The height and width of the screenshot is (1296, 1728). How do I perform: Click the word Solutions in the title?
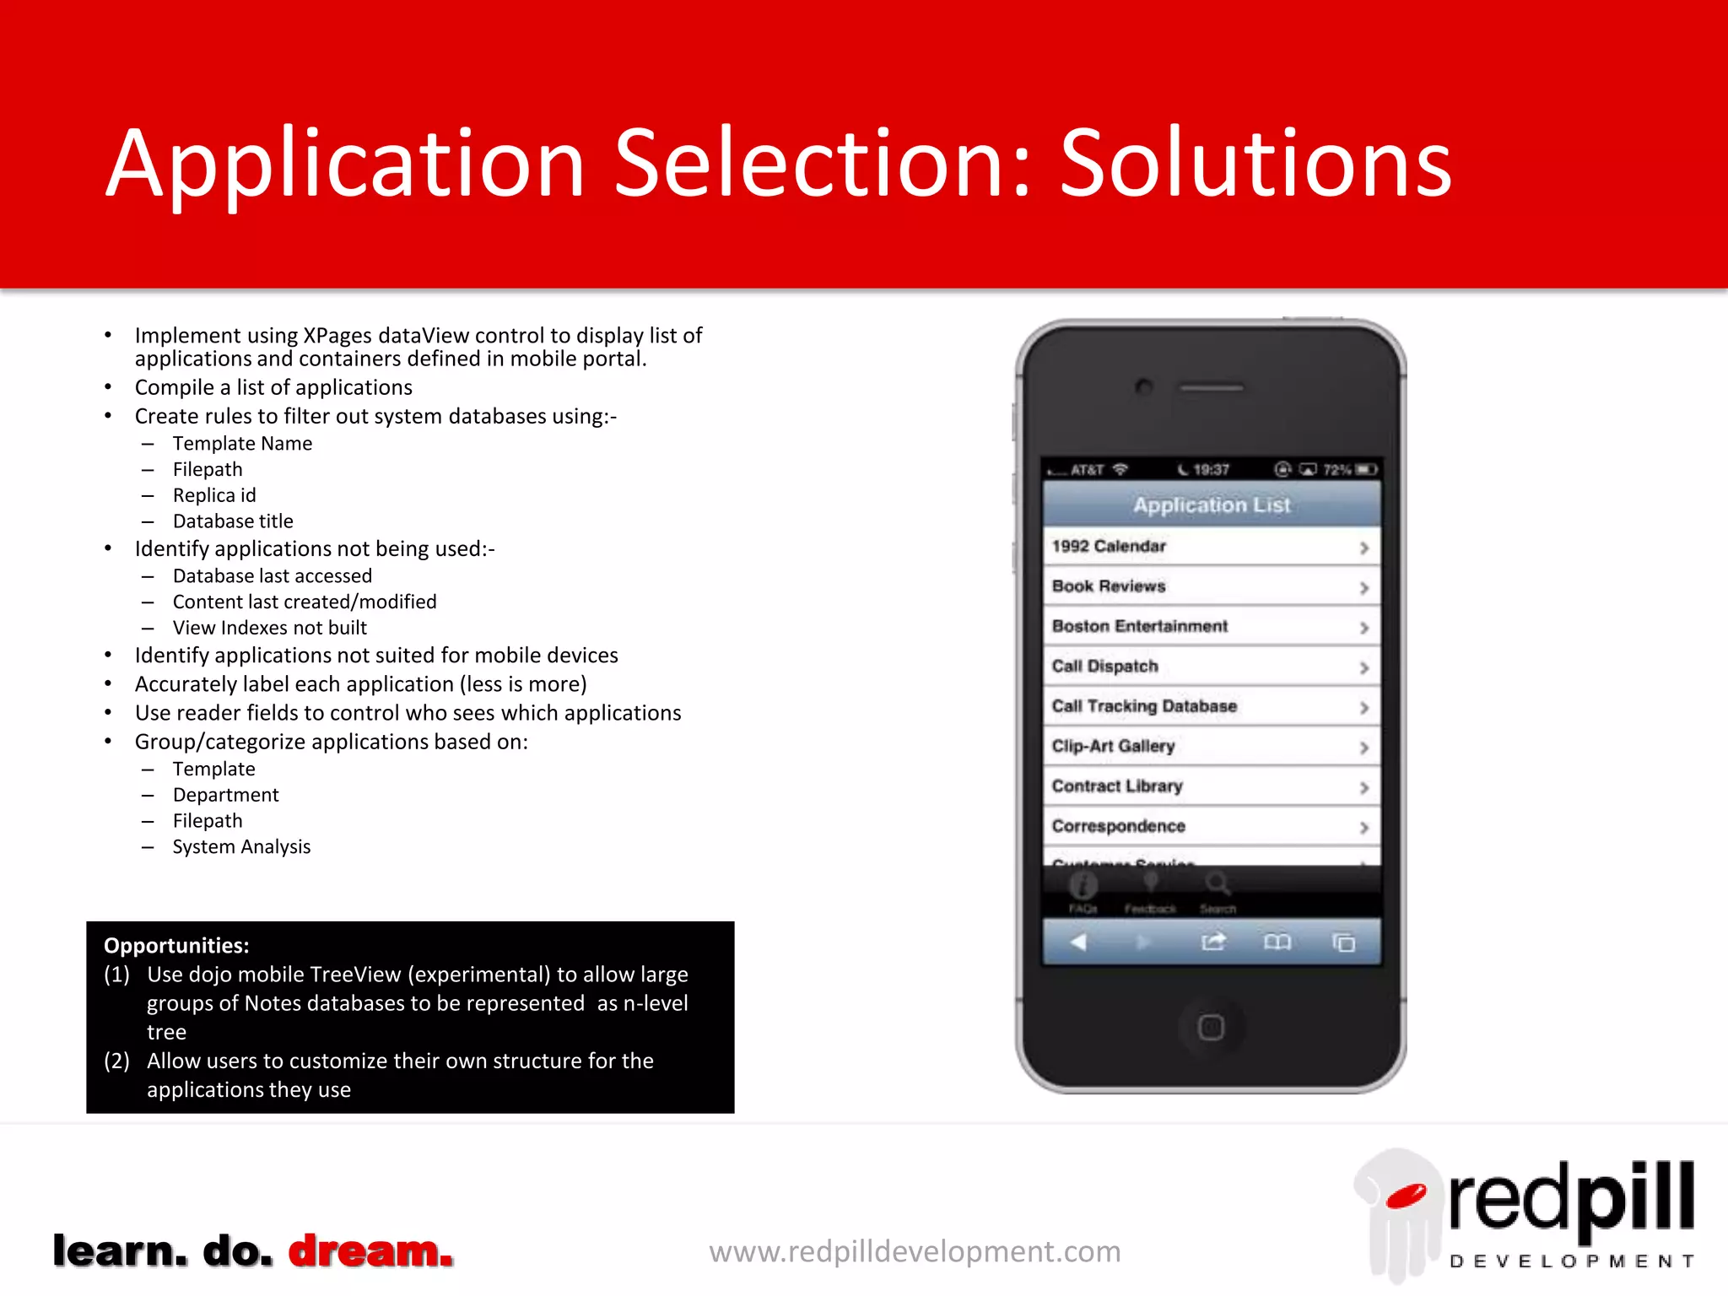click(1255, 165)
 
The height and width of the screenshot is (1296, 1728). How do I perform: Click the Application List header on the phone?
click(1211, 505)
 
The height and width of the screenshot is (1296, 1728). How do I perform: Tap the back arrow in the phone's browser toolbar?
click(1077, 942)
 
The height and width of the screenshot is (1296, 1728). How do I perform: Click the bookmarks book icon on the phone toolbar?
click(1277, 942)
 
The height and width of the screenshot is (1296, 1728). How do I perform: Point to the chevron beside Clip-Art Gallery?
click(1363, 748)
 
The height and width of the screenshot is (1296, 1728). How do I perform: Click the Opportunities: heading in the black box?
click(176, 946)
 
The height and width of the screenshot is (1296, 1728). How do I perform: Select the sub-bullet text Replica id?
click(214, 495)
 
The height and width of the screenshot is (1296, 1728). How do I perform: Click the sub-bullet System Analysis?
click(241, 847)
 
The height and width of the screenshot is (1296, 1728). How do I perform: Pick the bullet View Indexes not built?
click(269, 628)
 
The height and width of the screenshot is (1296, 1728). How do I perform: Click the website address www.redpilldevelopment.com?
click(915, 1251)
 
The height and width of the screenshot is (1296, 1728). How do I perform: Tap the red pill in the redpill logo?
click(1406, 1195)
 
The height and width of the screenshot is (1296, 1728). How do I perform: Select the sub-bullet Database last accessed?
click(272, 576)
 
